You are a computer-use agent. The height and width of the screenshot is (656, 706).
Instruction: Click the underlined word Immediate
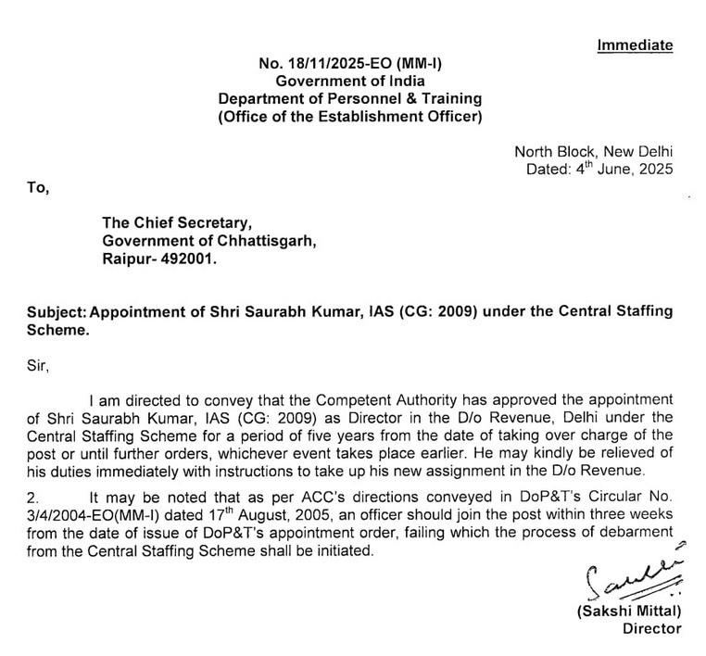tap(635, 45)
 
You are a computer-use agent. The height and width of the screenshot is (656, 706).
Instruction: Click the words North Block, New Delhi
tap(594, 152)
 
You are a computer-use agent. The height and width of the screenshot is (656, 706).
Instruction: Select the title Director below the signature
tap(651, 629)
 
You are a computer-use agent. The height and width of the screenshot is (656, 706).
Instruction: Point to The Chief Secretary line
tap(176, 223)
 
